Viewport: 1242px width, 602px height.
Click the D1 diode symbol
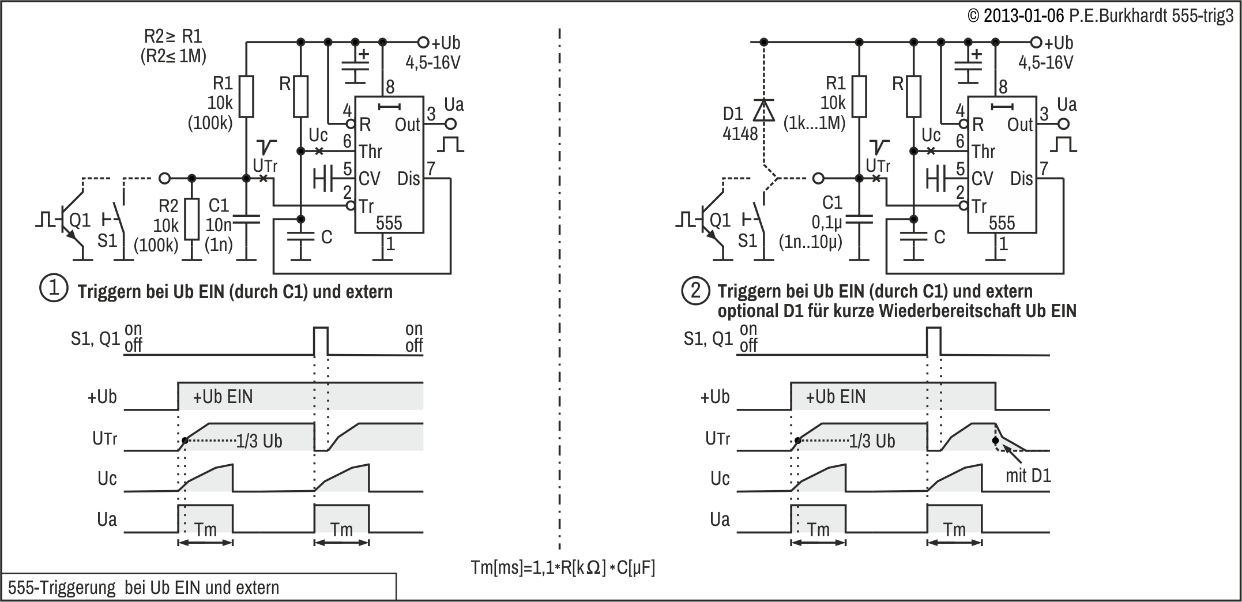(763, 110)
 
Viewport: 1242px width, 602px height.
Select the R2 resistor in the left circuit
(192, 220)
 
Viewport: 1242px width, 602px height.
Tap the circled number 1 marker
(54, 289)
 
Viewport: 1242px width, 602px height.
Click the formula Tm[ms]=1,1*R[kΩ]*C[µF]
(563, 568)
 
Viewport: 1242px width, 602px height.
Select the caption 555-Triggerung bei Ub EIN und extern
(144, 588)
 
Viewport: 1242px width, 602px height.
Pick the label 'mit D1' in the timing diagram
(1028, 476)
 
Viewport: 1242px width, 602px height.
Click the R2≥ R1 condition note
(173, 37)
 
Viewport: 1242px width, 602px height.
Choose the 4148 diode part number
(740, 134)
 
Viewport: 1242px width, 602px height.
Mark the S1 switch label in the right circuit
(747, 240)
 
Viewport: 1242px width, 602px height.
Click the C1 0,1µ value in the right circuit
(827, 222)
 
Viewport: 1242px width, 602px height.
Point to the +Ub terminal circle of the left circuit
(423, 42)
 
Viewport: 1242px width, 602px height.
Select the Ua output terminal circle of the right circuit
(1064, 124)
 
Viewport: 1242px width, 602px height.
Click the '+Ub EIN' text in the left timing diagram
(223, 397)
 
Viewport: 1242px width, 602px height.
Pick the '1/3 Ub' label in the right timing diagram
(872, 441)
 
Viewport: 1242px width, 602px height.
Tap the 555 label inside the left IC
(389, 223)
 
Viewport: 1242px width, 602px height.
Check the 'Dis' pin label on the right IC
(1021, 179)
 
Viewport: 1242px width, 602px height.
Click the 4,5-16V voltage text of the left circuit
(433, 62)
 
